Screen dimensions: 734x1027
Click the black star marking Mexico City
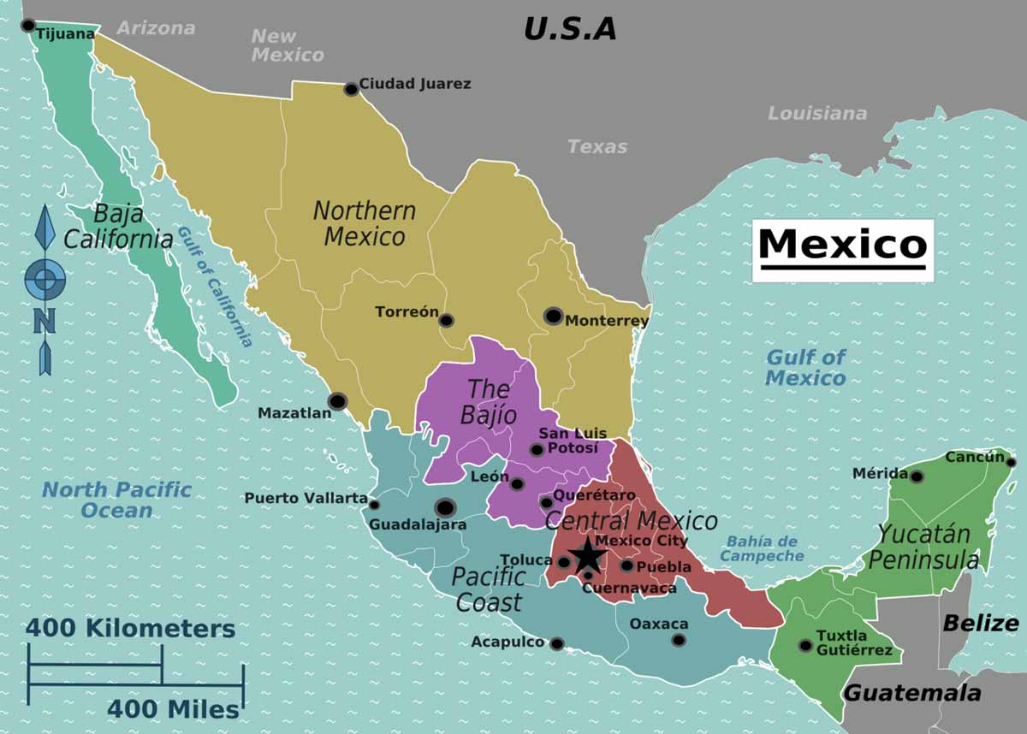pyautogui.click(x=588, y=556)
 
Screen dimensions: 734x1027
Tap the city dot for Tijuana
pyautogui.click(x=28, y=26)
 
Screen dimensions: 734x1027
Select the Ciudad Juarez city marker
pyautogui.click(x=351, y=89)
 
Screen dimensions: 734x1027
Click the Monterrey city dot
pyautogui.click(x=553, y=317)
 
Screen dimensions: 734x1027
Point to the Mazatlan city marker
pyautogui.click(x=337, y=401)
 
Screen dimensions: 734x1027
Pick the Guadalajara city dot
pyautogui.click(x=444, y=507)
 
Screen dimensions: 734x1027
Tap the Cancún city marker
pyautogui.click(x=1011, y=462)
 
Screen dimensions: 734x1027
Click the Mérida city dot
pyautogui.click(x=917, y=477)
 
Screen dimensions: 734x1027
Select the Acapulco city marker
pyautogui.click(x=557, y=643)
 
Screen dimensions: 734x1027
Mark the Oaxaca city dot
pyautogui.click(x=679, y=640)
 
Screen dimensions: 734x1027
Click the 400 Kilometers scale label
pyautogui.click(x=130, y=629)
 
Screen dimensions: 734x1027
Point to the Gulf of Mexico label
pyautogui.click(x=805, y=368)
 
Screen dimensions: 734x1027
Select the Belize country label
pyautogui.click(x=980, y=623)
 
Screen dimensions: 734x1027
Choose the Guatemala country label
pyautogui.click(x=912, y=693)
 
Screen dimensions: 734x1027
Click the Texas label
pyautogui.click(x=597, y=146)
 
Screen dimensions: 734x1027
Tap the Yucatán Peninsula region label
pyautogui.click(x=926, y=548)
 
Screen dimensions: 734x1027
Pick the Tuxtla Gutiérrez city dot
pyautogui.click(x=805, y=645)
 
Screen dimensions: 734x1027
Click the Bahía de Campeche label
pyautogui.click(x=762, y=548)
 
